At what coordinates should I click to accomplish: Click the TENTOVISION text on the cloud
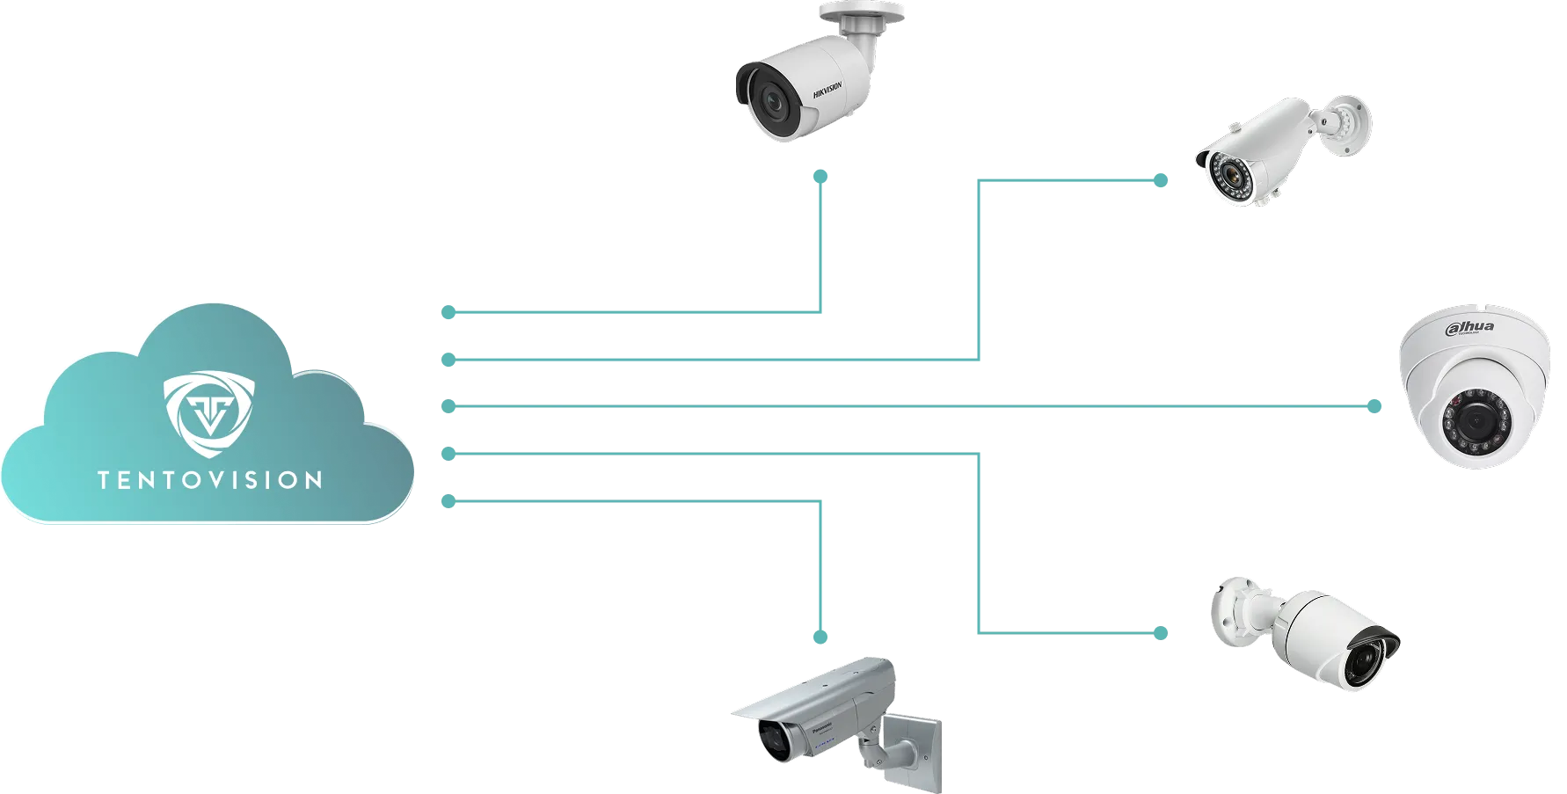click(209, 480)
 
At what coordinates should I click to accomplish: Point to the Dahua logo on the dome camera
click(1470, 328)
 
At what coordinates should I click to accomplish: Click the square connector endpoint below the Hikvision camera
click(821, 177)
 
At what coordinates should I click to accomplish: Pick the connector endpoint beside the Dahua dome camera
click(1375, 405)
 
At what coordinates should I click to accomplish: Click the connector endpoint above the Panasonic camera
click(821, 634)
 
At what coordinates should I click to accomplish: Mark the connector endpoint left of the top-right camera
click(1161, 181)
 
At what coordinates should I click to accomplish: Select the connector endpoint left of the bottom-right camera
click(1161, 633)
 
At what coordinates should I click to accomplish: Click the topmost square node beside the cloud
click(448, 312)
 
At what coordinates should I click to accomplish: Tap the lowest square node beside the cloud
click(448, 502)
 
